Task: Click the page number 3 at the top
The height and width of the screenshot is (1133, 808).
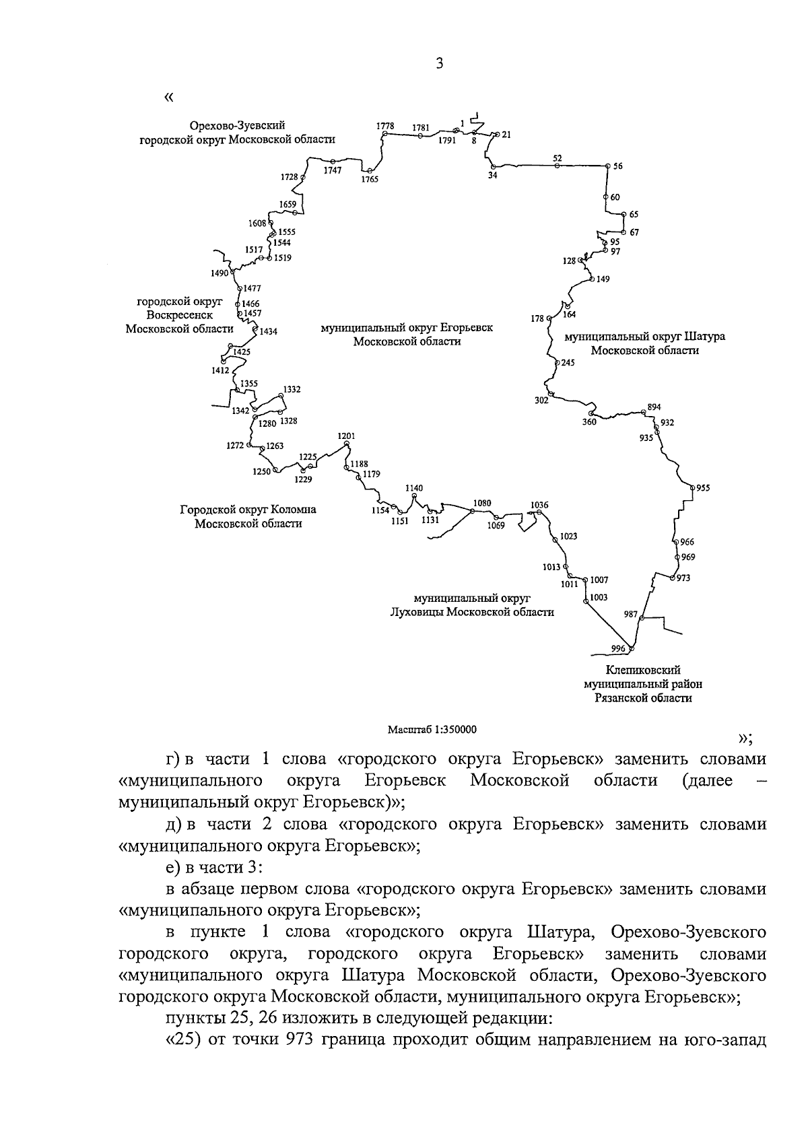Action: coord(439,64)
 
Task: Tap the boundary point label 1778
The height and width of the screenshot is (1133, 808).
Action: coord(385,127)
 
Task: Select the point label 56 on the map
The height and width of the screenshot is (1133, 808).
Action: coord(618,166)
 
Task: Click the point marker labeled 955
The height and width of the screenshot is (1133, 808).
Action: coord(692,487)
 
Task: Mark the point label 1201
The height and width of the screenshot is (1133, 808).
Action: coord(346,436)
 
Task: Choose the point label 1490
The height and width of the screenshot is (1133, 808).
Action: coord(220,273)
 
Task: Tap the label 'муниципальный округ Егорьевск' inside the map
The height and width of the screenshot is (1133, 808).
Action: coord(407,328)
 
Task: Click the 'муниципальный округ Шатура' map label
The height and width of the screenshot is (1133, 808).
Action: coord(644,336)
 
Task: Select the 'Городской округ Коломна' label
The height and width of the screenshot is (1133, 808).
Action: coord(248,510)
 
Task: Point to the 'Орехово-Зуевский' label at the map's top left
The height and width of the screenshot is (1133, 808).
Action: coord(237,126)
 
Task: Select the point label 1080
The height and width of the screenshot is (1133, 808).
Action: coord(482,503)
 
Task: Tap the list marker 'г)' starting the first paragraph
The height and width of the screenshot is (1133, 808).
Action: coord(174,759)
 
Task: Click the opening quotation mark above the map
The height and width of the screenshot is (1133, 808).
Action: coord(168,98)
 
